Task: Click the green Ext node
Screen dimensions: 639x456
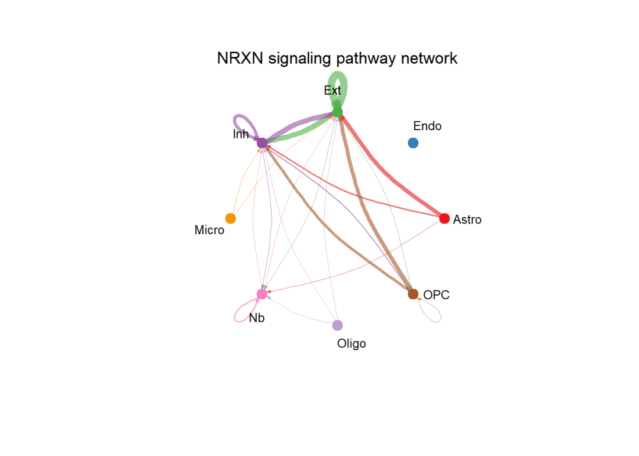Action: click(337, 112)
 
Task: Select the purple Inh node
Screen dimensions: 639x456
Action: click(262, 143)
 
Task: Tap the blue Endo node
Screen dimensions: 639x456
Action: click(413, 143)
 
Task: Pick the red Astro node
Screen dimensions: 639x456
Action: click(444, 218)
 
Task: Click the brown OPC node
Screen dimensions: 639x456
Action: click(413, 293)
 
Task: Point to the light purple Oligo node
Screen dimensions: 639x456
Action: click(337, 325)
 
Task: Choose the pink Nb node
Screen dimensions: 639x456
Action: click(262, 293)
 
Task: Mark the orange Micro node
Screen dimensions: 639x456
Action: click(231, 218)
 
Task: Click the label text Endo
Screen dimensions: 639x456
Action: click(427, 126)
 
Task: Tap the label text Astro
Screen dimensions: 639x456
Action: click(467, 219)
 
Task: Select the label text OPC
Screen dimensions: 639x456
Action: click(437, 295)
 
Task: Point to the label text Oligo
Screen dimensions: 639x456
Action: click(351, 343)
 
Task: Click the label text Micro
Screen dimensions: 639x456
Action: click(209, 230)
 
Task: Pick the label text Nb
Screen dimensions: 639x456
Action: click(257, 318)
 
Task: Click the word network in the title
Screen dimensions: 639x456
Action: click(429, 59)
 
